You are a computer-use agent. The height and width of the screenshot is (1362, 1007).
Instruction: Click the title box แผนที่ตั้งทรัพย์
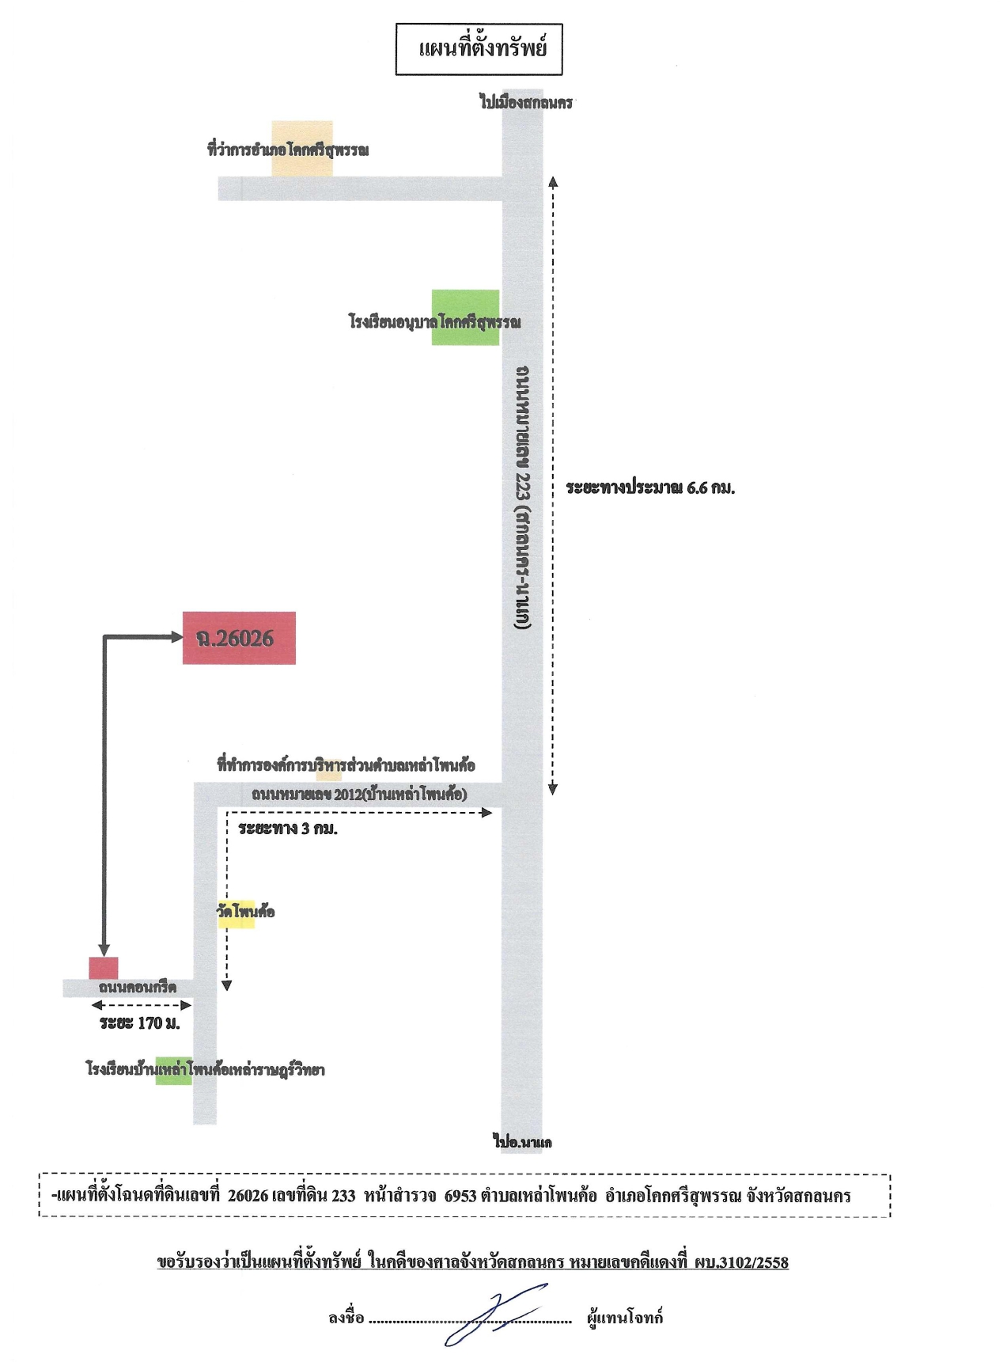pyautogui.click(x=479, y=49)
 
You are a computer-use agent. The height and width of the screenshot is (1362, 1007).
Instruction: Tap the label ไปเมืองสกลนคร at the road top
pyautogui.click(x=526, y=102)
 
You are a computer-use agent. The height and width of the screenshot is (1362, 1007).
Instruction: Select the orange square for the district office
pyautogui.click(x=302, y=149)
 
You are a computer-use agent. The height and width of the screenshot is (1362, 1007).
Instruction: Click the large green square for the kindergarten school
pyautogui.click(x=465, y=317)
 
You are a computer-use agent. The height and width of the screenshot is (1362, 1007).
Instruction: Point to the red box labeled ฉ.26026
pyautogui.click(x=239, y=638)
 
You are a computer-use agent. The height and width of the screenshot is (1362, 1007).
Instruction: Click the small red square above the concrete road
pyautogui.click(x=104, y=968)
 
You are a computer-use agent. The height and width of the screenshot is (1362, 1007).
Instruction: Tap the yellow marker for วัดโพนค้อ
pyautogui.click(x=237, y=913)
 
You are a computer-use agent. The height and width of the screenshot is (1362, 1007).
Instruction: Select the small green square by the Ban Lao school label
pyautogui.click(x=173, y=1070)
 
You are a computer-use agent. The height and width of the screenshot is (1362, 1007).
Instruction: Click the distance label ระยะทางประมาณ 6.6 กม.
pyautogui.click(x=650, y=488)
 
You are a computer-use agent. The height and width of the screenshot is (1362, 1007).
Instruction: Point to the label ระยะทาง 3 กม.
pyautogui.click(x=288, y=829)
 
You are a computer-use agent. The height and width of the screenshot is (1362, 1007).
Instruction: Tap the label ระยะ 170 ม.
pyautogui.click(x=140, y=1023)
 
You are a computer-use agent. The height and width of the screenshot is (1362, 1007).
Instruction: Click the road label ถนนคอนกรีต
pyautogui.click(x=138, y=987)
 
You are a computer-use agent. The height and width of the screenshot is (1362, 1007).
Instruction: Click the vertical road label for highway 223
pyautogui.click(x=523, y=497)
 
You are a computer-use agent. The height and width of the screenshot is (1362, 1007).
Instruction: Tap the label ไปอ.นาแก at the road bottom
pyautogui.click(x=523, y=1141)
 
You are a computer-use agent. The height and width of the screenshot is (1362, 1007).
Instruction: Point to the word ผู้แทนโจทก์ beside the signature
pyautogui.click(x=625, y=1318)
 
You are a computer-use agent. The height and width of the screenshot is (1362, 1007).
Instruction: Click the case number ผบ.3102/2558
pyautogui.click(x=741, y=1262)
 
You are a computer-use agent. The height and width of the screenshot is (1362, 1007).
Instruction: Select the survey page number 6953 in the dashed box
pyautogui.click(x=460, y=1195)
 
